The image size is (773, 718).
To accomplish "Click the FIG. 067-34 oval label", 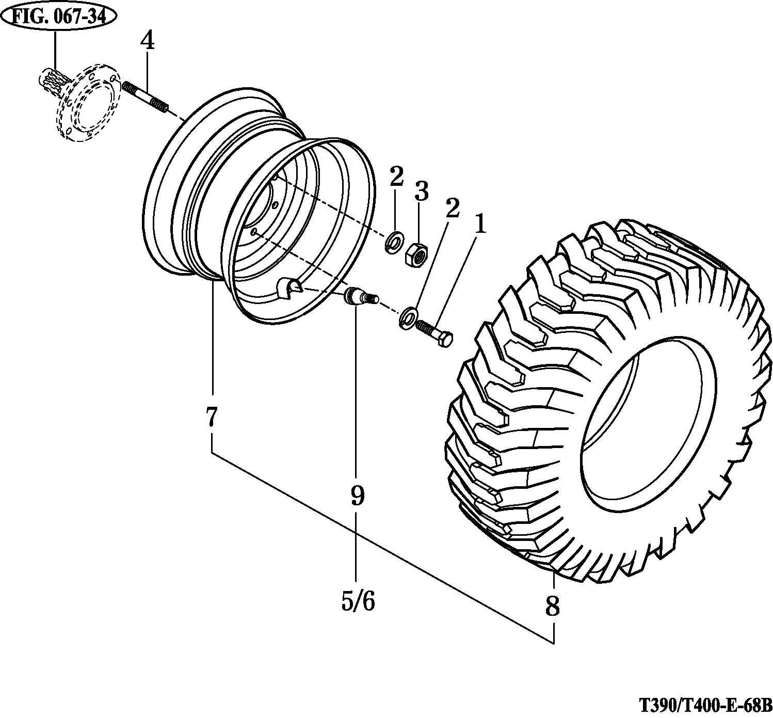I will (58, 17).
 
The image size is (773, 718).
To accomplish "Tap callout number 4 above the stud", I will (148, 41).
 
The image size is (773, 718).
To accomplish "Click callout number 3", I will (421, 192).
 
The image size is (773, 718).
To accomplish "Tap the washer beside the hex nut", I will (396, 242).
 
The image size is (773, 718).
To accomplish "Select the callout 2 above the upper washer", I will (396, 177).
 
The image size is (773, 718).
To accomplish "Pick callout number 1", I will (480, 224).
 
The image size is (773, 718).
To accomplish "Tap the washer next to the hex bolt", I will (409, 317).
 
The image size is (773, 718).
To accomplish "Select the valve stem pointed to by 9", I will (360, 298).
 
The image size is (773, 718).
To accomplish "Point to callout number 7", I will (212, 417).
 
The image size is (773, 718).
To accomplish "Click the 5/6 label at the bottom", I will (358, 601).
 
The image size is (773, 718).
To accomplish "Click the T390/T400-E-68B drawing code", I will (705, 704).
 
